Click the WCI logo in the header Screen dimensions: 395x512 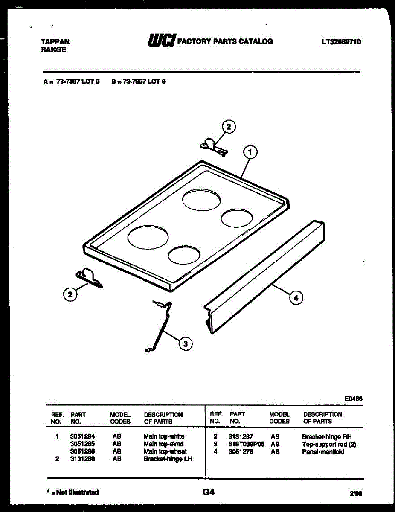coord(161,41)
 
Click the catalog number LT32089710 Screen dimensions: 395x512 coord(341,42)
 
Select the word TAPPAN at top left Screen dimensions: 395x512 coord(55,42)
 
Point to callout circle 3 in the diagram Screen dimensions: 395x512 coord(185,343)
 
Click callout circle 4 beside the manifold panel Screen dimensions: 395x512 coord(296,297)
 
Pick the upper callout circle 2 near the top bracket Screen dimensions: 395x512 coord(229,127)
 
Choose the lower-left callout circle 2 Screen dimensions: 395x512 coord(70,294)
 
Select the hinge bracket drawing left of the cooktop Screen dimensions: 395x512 coord(90,278)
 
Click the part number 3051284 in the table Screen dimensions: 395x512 coord(82,436)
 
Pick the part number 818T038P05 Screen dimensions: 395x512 coord(247,444)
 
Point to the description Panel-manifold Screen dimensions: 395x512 coord(323,452)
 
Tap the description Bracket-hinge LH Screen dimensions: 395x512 coord(168,459)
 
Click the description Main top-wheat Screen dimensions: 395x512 coord(165,451)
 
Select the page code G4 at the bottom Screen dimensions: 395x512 coord(208,492)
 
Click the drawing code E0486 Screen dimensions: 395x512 coord(354,399)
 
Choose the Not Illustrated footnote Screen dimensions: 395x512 coord(73,492)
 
